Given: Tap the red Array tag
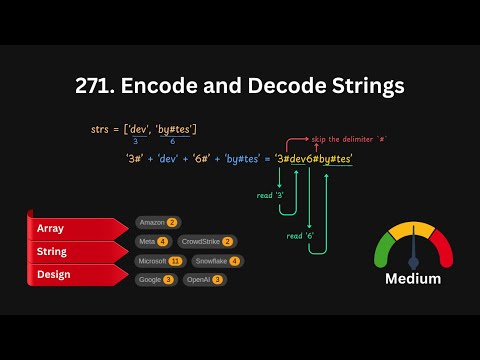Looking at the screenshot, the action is click(52, 229).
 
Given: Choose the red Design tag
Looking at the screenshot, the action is click(54, 273).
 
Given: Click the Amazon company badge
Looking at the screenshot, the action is click(157, 222).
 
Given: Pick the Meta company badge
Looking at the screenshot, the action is click(153, 241).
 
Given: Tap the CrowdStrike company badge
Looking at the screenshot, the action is click(208, 241).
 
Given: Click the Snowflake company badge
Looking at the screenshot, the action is click(215, 260).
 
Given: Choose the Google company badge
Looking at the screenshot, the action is click(155, 279).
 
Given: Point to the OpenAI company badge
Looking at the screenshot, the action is click(204, 279).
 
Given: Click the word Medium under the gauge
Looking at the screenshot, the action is click(413, 279).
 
